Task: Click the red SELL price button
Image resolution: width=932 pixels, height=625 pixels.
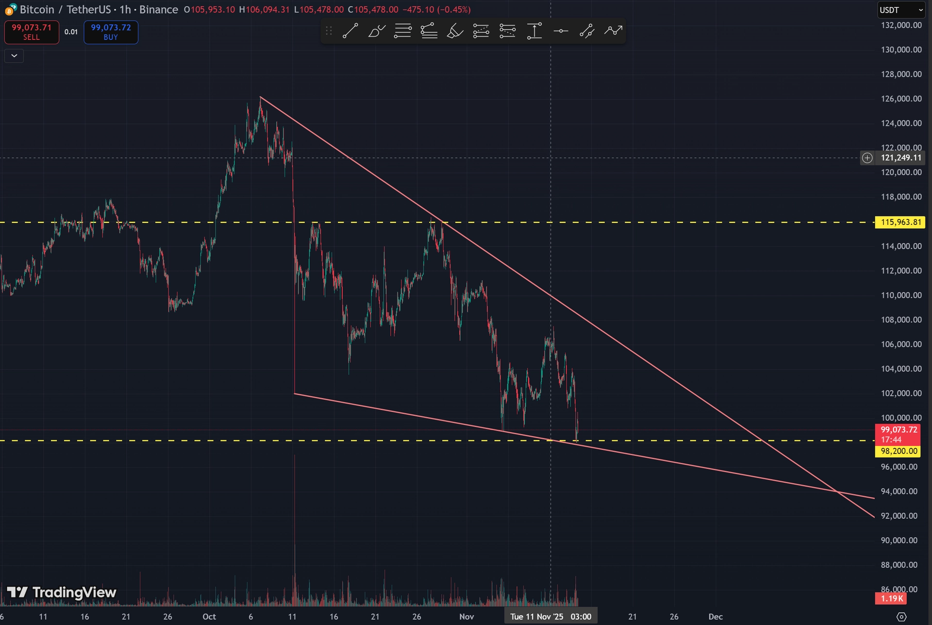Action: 32,32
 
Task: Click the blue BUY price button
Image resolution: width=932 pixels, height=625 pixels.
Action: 111,32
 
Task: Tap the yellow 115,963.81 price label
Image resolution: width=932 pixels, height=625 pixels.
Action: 900,222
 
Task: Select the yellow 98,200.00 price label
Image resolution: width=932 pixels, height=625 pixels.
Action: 899,451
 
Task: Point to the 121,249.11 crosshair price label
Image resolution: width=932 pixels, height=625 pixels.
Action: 901,158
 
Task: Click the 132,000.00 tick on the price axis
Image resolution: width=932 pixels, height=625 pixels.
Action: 901,25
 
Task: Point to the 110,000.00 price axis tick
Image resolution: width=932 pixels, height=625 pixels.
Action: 901,295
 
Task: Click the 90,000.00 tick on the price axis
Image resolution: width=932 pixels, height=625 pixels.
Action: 899,541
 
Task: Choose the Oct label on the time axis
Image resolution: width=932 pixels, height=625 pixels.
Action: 209,617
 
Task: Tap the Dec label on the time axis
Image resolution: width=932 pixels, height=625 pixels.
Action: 716,617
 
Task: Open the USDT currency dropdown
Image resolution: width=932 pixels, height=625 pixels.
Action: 901,10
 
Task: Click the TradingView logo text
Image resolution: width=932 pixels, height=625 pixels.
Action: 74,592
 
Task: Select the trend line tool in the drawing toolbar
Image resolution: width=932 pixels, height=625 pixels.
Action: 350,31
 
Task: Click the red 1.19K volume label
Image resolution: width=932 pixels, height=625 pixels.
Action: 892,598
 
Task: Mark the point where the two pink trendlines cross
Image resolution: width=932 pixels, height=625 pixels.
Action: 837,492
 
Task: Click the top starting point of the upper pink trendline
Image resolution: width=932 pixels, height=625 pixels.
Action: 261,98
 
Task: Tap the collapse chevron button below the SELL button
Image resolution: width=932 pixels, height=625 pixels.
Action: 14,56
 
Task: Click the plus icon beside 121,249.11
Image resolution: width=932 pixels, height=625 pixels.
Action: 867,158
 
